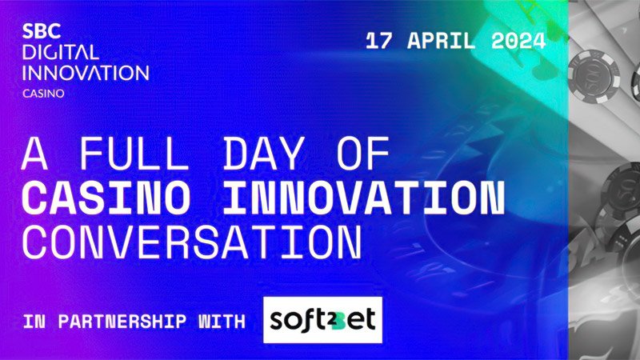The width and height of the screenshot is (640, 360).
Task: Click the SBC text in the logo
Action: coord(42,31)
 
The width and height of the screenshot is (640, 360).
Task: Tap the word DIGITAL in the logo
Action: coord(61,52)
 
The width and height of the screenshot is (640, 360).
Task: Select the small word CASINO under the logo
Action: coord(43,94)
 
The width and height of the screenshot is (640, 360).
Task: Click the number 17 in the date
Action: coord(378,41)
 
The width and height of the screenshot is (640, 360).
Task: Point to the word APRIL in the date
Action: coord(442,41)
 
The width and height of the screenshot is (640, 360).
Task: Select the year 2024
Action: coord(518,41)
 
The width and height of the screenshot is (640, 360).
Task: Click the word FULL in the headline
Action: coord(134,153)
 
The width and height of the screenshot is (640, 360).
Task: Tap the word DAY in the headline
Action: coord(264,153)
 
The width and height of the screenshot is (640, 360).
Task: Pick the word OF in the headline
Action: coord(363,153)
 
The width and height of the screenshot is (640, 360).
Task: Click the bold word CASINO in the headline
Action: coord(106,198)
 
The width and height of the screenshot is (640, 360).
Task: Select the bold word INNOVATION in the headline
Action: coord(365,198)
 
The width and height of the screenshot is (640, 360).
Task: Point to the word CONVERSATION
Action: coord(192,242)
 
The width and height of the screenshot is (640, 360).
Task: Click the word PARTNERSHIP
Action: coord(122,322)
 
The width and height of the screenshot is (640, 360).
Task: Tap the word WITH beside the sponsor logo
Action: coord(222,322)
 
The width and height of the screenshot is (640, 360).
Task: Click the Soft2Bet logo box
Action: coord(323,320)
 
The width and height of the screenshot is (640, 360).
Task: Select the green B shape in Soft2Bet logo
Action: coord(338,319)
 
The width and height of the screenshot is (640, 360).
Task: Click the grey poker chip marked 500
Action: coord(594,76)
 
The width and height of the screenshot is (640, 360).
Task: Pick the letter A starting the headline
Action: coord(34,153)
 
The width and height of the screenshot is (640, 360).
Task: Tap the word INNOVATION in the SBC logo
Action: coord(86,73)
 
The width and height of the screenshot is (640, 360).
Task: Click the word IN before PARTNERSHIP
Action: coord(34,322)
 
